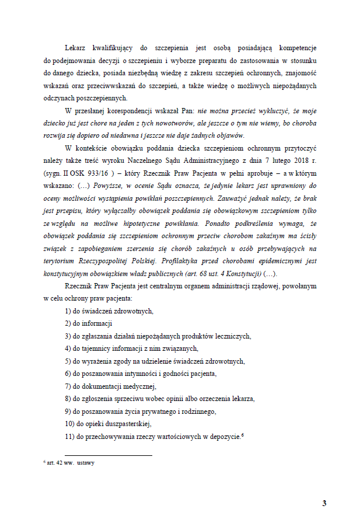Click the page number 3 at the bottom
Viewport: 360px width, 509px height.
coord(324,487)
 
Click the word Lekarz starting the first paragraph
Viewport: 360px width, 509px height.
coord(77,47)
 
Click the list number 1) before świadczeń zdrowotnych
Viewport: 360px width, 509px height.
coord(68,311)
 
